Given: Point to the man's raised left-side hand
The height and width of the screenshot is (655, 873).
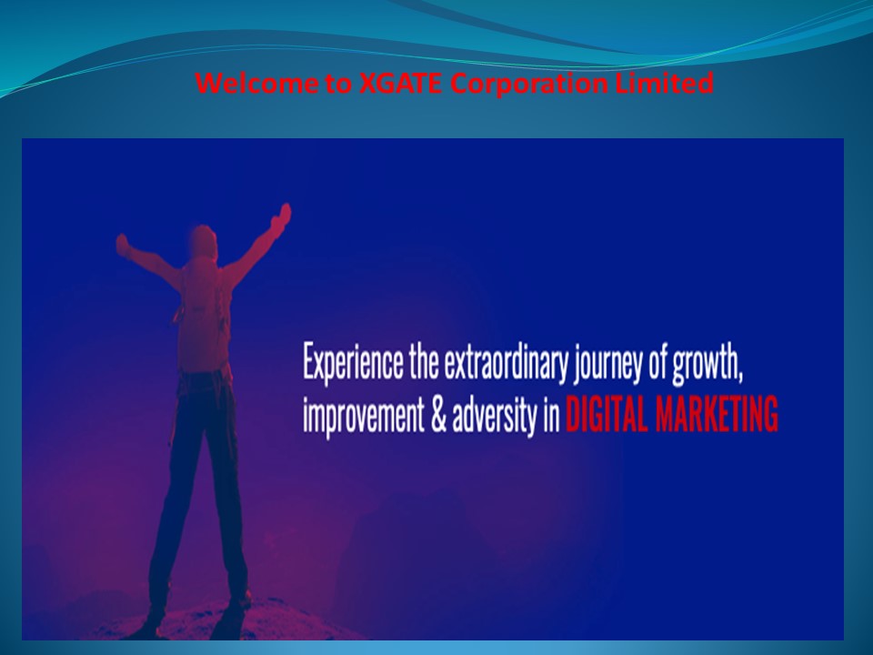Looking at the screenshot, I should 122,244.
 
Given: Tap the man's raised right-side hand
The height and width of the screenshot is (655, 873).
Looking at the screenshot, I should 285,215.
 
